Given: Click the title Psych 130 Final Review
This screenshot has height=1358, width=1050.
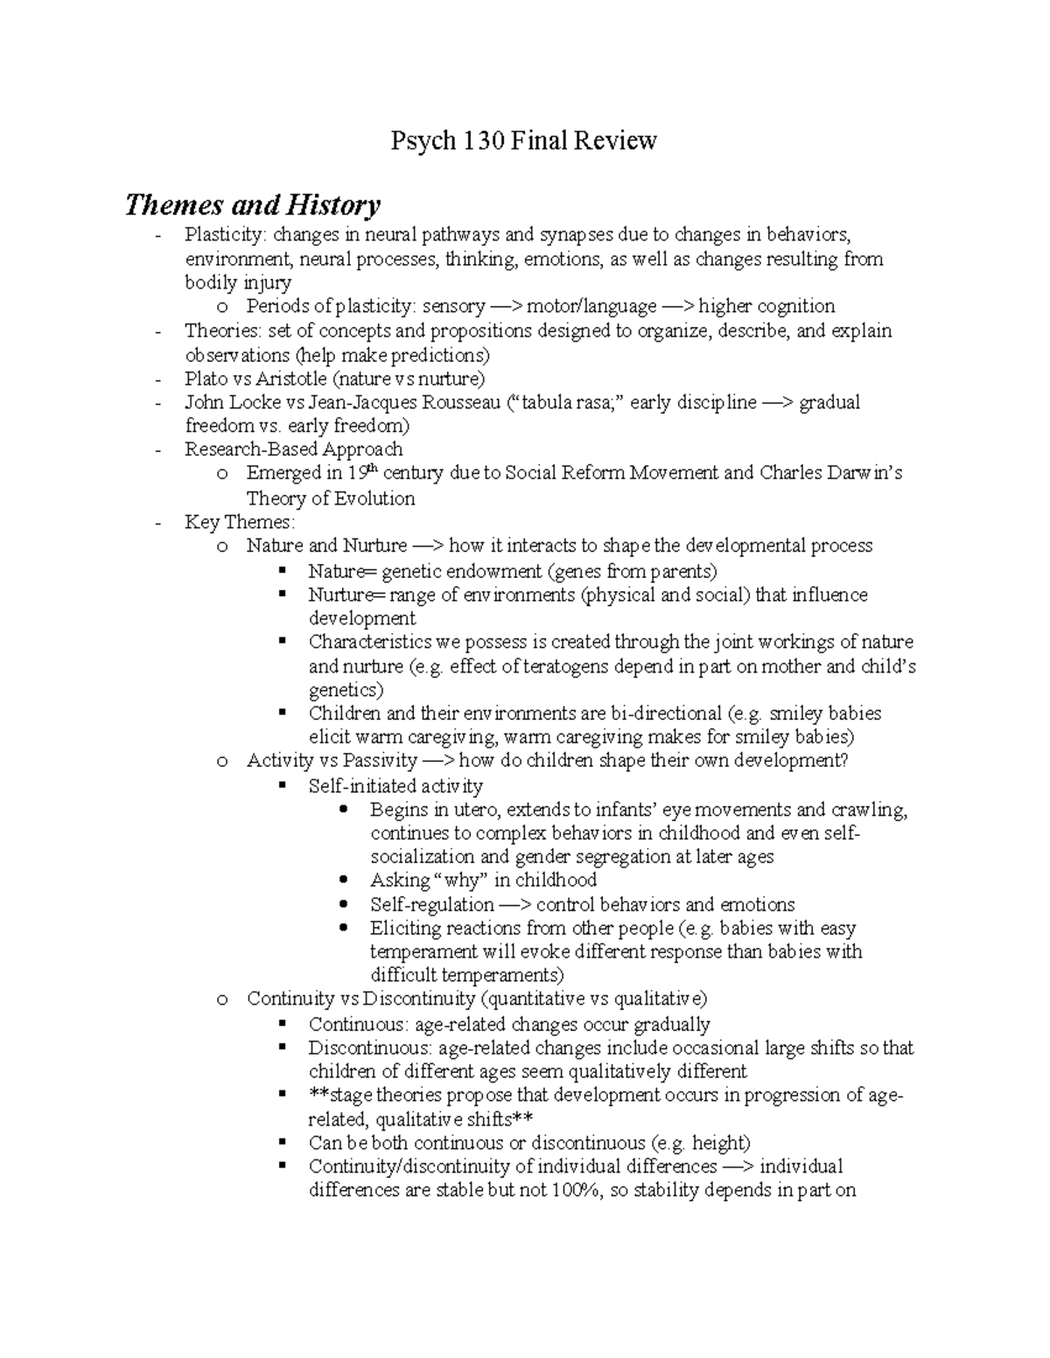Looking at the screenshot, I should click(x=523, y=141).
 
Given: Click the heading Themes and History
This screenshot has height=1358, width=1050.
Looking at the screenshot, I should click(x=252, y=205).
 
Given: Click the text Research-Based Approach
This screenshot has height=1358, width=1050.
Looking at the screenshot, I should click(x=293, y=449).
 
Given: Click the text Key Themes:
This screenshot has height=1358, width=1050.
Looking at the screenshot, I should click(x=240, y=522).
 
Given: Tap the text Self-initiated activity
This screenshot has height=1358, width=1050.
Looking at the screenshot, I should click(x=395, y=786).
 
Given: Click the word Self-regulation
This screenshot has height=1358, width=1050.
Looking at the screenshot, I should click(x=432, y=904).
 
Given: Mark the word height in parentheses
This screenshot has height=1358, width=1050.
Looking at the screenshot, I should click(x=720, y=1143).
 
